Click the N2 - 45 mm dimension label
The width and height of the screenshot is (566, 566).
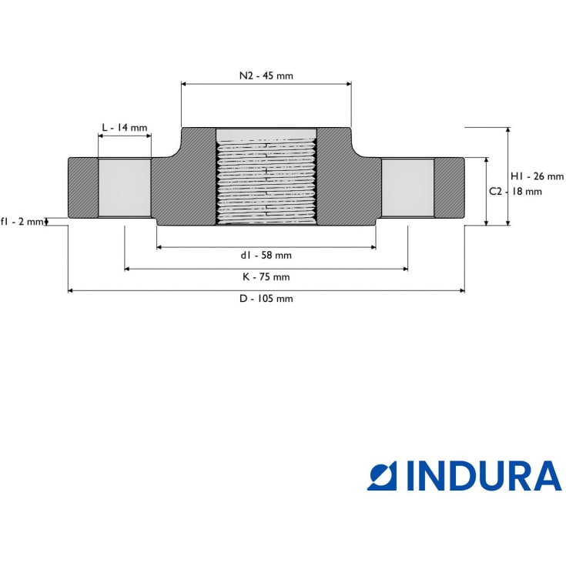point(266,75)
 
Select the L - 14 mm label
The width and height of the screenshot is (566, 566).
point(125,127)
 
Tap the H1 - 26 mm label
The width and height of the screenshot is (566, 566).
point(537,176)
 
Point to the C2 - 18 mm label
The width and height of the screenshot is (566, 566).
point(515,191)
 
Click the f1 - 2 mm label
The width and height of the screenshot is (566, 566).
point(22,221)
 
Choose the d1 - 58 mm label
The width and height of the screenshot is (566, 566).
point(266,255)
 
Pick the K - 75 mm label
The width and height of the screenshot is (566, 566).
point(266,277)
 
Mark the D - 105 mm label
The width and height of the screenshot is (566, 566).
point(266,299)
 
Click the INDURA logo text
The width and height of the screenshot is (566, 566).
point(484,476)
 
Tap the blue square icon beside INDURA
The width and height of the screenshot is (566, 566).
point(382,476)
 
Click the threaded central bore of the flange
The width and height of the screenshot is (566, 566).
point(266,176)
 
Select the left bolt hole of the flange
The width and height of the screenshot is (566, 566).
point(125,188)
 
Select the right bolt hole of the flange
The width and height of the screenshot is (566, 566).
point(408,188)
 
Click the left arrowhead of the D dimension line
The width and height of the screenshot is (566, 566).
point(70,290)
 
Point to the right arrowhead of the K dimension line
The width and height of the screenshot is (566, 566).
point(406,269)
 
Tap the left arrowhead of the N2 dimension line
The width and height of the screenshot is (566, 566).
point(183,84)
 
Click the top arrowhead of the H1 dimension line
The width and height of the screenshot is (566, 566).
point(508,130)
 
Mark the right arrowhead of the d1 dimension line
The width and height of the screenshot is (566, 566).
point(373,247)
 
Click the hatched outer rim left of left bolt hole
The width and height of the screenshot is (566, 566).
point(83,188)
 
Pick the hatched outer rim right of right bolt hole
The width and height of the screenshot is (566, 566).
point(450,188)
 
